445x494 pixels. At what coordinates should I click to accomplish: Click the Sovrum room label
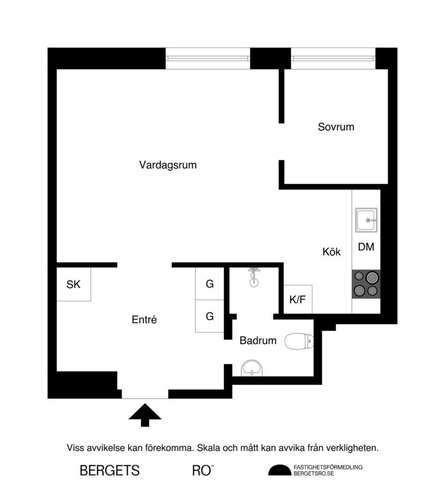click(336, 127)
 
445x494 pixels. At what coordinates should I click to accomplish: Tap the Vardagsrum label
click(168, 165)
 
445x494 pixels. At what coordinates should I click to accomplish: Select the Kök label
click(331, 251)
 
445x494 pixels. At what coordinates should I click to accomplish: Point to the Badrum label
click(258, 341)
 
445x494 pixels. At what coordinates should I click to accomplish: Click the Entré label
click(144, 319)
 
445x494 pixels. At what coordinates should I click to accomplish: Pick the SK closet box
click(74, 284)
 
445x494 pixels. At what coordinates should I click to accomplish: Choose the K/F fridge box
click(298, 300)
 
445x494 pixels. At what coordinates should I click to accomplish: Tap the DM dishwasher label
click(366, 247)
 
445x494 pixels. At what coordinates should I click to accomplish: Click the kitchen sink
click(367, 220)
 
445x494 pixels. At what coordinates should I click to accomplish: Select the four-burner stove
click(366, 284)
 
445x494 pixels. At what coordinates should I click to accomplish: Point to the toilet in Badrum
click(299, 342)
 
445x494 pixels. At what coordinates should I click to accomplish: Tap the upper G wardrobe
click(209, 284)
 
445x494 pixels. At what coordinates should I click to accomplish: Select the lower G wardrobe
click(209, 316)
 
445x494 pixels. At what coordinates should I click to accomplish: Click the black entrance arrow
click(144, 415)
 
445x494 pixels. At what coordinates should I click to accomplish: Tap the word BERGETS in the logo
click(110, 470)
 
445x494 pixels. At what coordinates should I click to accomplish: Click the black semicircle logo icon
click(279, 471)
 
